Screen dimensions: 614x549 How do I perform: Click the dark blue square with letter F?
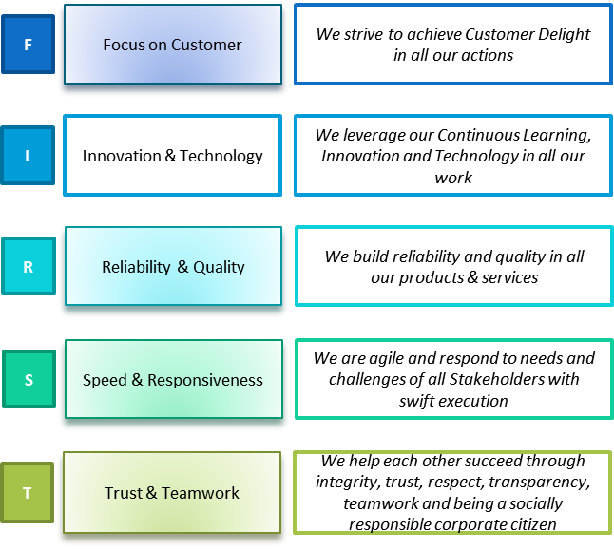(x=28, y=45)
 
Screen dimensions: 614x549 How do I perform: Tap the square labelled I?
(x=28, y=156)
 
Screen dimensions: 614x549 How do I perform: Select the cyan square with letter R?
(x=29, y=266)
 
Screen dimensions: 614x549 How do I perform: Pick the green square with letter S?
(x=29, y=379)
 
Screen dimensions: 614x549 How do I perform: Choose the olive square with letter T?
(x=27, y=492)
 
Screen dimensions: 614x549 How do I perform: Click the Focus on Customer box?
(x=173, y=45)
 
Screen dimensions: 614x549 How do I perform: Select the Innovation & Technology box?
(x=172, y=156)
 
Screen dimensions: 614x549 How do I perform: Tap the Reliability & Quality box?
(x=173, y=266)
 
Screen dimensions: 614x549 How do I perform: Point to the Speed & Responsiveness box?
(x=174, y=379)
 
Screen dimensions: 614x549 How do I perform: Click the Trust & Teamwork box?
(x=172, y=492)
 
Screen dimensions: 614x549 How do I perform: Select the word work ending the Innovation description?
(x=453, y=178)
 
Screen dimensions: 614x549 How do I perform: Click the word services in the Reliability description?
(x=509, y=277)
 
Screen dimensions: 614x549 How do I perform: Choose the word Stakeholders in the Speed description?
(x=497, y=379)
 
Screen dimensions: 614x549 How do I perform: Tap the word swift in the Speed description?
(x=414, y=401)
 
